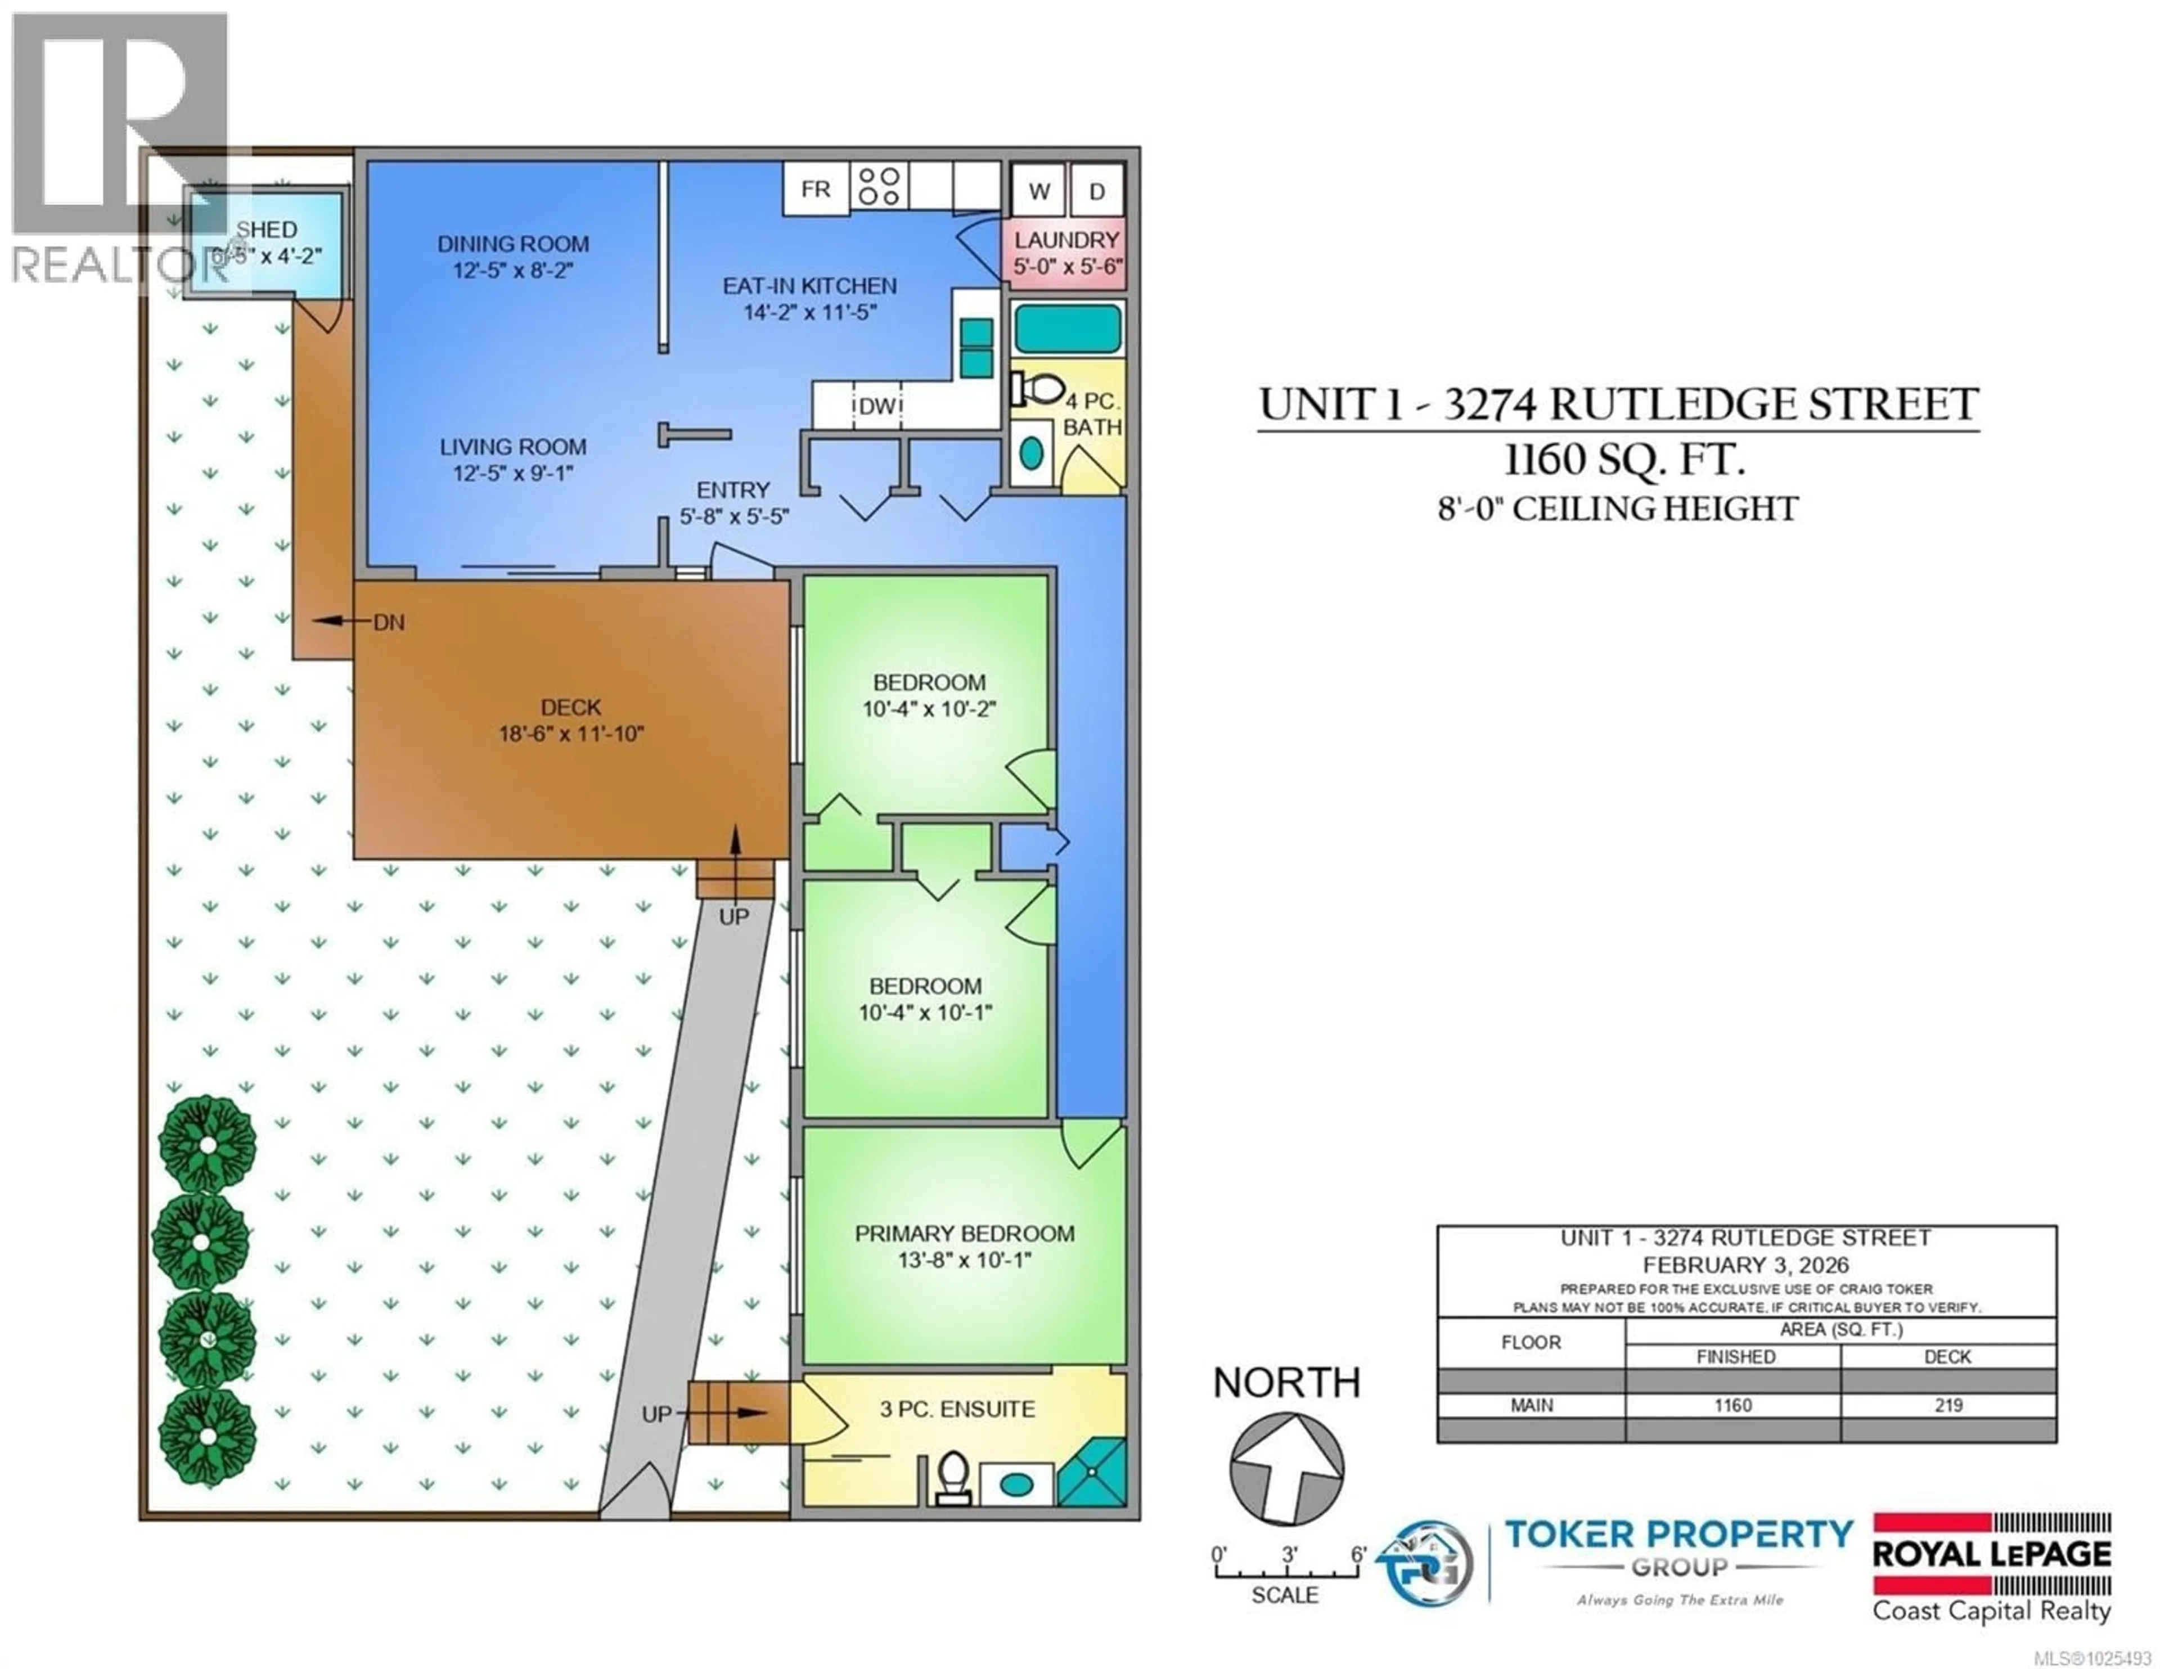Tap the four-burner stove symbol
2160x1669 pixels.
point(878,187)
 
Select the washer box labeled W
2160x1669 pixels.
point(1038,191)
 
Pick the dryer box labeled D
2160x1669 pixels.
point(1097,191)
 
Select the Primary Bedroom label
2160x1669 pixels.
point(964,1234)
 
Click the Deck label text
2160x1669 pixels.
point(571,708)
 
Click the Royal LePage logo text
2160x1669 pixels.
point(1991,1554)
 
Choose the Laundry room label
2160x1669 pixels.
point(1066,240)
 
